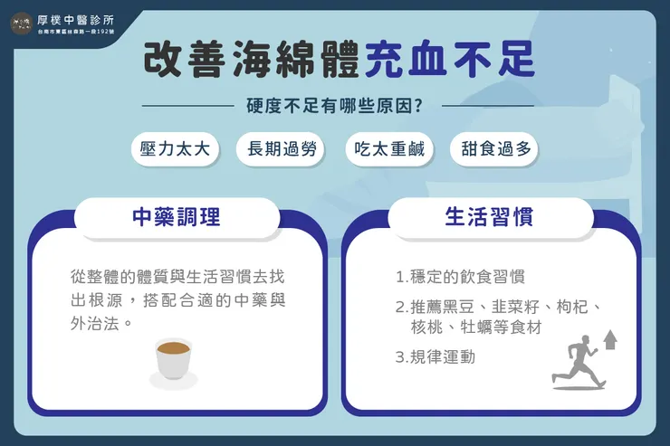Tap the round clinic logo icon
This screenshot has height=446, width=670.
pos(21,22)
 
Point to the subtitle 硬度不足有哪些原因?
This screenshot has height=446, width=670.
pos(336,105)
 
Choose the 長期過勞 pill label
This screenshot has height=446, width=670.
pos(282,149)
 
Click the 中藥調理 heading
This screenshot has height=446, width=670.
pos(177,217)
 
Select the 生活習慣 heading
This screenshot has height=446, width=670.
pos(489,217)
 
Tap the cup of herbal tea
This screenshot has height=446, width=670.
pos(173,360)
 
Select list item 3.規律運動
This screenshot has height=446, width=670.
pos(435,356)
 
